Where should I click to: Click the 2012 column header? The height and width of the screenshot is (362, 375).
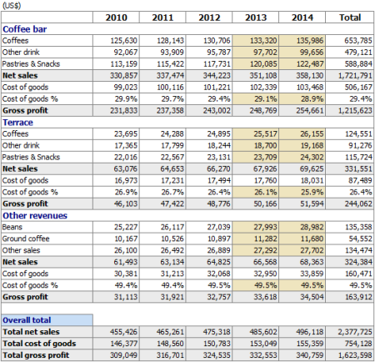coord(209,18)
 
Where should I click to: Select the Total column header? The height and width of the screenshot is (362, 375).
coord(350,18)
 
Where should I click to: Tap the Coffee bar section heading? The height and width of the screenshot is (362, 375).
coord(25,29)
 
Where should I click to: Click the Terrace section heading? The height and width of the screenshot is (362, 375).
coord(17,123)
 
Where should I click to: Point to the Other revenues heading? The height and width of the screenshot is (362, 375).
coord(35,215)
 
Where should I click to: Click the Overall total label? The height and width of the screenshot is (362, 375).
coord(27,320)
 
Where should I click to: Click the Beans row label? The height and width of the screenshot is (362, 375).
coord(12,227)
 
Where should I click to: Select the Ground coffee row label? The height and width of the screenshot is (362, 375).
coord(26,239)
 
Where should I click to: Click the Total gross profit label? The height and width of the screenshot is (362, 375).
coord(36,355)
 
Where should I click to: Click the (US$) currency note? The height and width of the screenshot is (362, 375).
coord(12,6)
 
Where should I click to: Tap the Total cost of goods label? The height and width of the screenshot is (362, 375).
coord(39,344)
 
